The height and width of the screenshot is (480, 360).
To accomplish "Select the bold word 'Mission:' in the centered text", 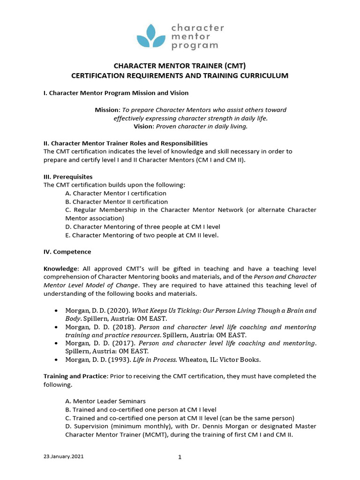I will [x=107, y=110].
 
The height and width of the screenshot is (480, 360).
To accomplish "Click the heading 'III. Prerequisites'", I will [x=68, y=177].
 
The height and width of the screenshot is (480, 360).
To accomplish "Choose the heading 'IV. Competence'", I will [x=67, y=252].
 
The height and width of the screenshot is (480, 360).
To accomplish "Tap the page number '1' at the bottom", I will [x=180, y=458].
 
